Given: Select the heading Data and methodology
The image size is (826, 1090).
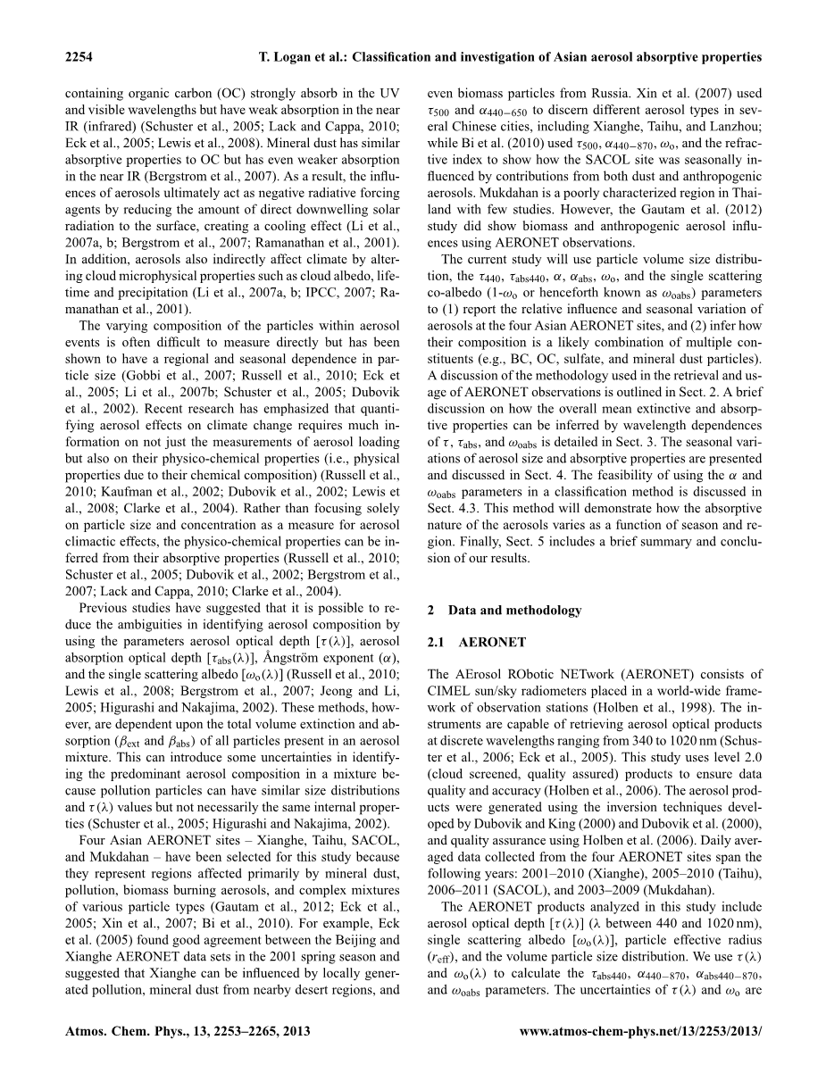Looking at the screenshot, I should click(515, 611).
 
